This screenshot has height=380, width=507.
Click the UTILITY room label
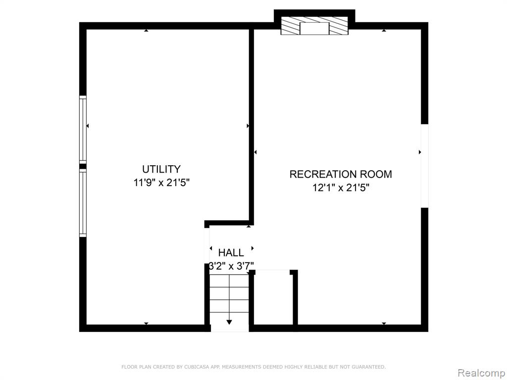(x=161, y=169)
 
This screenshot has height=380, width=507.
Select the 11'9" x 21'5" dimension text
(x=161, y=183)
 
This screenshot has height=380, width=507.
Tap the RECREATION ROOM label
(x=341, y=174)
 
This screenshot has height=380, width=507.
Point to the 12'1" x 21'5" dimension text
(x=341, y=188)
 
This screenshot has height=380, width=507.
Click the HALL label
(x=231, y=252)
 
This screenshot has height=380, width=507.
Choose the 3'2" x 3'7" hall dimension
(x=231, y=266)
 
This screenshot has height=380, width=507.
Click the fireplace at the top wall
(x=314, y=26)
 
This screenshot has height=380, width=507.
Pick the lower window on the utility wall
(x=83, y=203)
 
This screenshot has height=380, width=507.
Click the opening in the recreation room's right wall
(x=424, y=166)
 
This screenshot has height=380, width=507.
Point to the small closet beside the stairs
(x=273, y=297)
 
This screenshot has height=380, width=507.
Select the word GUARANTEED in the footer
(x=368, y=367)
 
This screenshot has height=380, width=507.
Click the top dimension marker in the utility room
(x=146, y=30)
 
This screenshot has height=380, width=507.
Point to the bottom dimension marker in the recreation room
(x=384, y=324)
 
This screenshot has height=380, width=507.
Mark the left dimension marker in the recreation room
(x=255, y=152)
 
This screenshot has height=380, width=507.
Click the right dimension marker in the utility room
(x=248, y=126)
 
